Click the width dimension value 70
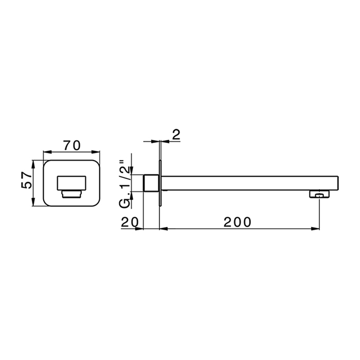[71, 146]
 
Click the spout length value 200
[238, 222]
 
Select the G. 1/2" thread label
[124, 182]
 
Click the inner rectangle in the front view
[71, 183]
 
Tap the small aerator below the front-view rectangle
[71, 194]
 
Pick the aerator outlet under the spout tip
[319, 194]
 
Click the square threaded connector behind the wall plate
[151, 183]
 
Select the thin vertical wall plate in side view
[161, 183]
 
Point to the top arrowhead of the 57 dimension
[34, 163]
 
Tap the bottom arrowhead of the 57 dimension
[34, 203]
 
